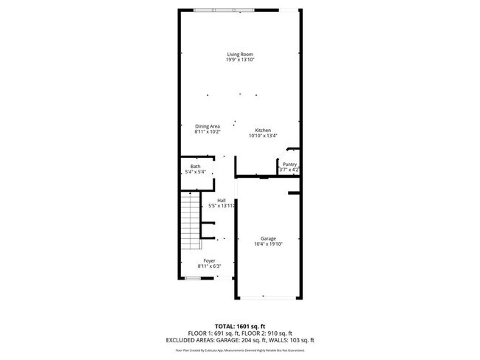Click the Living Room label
coord(240,54)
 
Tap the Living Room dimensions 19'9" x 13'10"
coord(240,60)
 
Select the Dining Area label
coord(208,126)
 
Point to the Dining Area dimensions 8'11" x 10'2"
coord(208,132)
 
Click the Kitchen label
coord(263,130)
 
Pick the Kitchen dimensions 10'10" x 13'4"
coord(263,136)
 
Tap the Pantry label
coord(289,165)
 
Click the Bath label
coord(195,166)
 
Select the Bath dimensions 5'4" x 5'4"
coord(195,172)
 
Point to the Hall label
coord(221,200)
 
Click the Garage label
coord(267,238)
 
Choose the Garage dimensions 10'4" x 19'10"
coord(267,244)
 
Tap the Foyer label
coord(210,261)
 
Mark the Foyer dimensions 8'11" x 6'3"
coord(210,267)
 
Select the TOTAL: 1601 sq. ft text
coord(239,325)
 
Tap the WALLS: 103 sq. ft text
coord(290,340)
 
